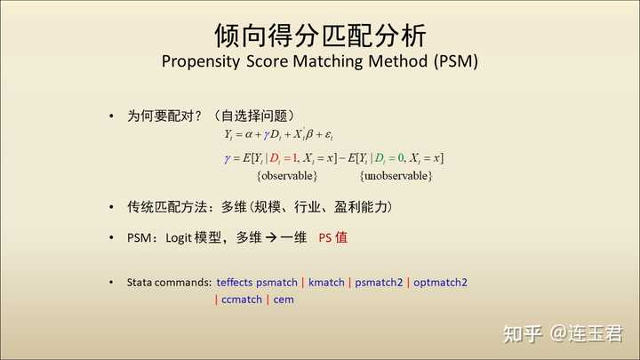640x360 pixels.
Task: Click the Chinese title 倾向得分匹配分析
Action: tap(320, 36)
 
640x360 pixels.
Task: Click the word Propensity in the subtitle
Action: tap(200, 62)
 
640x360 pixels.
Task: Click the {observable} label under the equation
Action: tap(287, 176)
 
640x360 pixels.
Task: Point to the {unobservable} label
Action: tap(396, 176)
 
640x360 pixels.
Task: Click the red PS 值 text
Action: tap(333, 237)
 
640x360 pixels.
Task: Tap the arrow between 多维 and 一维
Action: tap(271, 237)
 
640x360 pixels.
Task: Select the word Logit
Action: tap(179, 238)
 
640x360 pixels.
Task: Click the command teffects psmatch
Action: tap(257, 283)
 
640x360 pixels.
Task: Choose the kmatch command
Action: tap(326, 283)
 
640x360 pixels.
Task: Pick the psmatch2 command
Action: tap(379, 283)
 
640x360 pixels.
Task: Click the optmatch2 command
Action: tap(440, 283)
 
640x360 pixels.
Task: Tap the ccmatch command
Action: tap(242, 300)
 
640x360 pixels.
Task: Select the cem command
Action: tap(284, 300)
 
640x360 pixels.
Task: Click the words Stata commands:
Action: tap(170, 283)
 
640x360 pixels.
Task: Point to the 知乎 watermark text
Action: tap(523, 333)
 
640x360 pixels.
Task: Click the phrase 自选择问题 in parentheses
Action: tap(254, 116)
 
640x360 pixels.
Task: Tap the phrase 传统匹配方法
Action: tap(167, 207)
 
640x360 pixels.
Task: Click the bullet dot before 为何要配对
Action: tap(111, 116)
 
